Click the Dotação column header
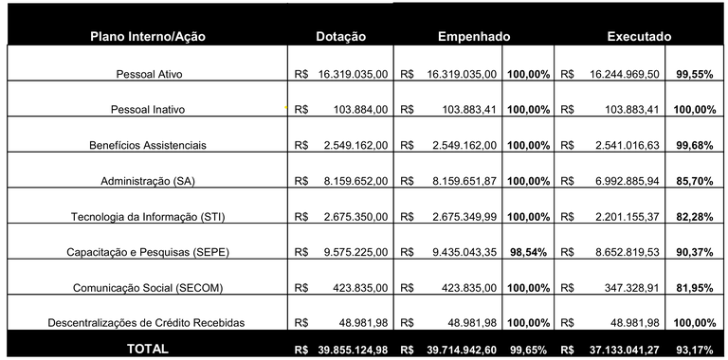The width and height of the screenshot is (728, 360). click(340, 36)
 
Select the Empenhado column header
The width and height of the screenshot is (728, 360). click(474, 36)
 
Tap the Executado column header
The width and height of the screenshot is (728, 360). click(639, 36)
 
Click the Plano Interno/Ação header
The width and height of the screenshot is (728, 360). click(147, 36)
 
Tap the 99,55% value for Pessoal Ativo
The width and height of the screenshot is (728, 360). click(695, 73)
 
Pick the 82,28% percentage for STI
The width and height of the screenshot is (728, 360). click(695, 217)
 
